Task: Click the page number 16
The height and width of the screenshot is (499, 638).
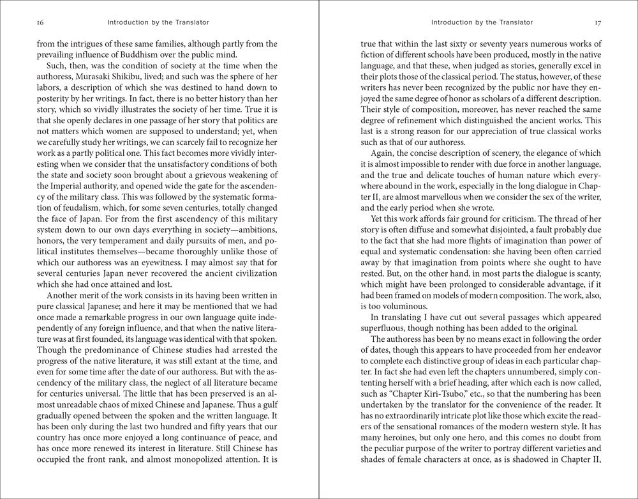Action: [x=40, y=22]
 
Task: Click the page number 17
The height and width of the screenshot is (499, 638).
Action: [x=597, y=22]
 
